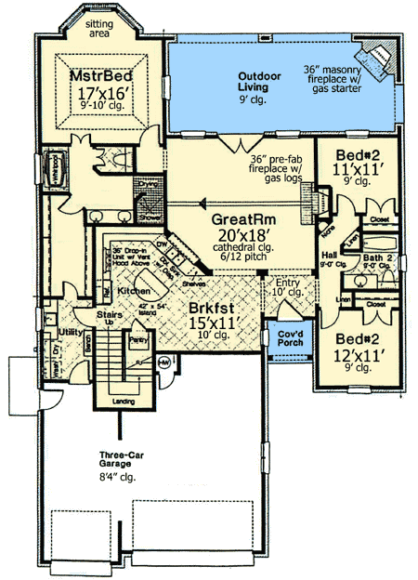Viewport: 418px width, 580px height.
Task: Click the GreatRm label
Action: (x=227, y=220)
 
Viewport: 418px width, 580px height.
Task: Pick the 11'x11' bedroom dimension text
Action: (x=354, y=169)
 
